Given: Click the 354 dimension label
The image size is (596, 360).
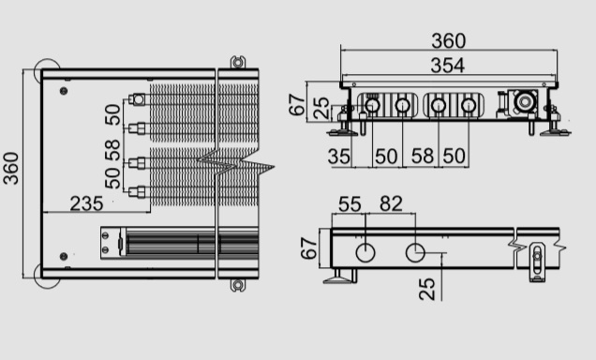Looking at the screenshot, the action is coord(447,66).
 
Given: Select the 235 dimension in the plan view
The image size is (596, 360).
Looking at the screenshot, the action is coord(86,203).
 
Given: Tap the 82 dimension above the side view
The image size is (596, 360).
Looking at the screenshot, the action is coord(391,203).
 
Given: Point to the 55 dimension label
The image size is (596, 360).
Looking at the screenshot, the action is coord(350,204).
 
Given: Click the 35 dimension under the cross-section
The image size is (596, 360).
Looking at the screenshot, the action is coord(338,157).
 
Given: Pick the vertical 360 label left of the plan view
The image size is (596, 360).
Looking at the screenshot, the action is coord(10,169).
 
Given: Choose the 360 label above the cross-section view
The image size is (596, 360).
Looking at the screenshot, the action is coord(449,40).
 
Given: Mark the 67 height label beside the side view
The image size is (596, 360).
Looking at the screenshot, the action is coord(308,248).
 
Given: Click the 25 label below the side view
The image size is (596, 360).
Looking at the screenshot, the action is coord(426,289).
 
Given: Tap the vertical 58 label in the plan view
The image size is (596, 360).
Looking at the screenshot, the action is coord(112,150).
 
